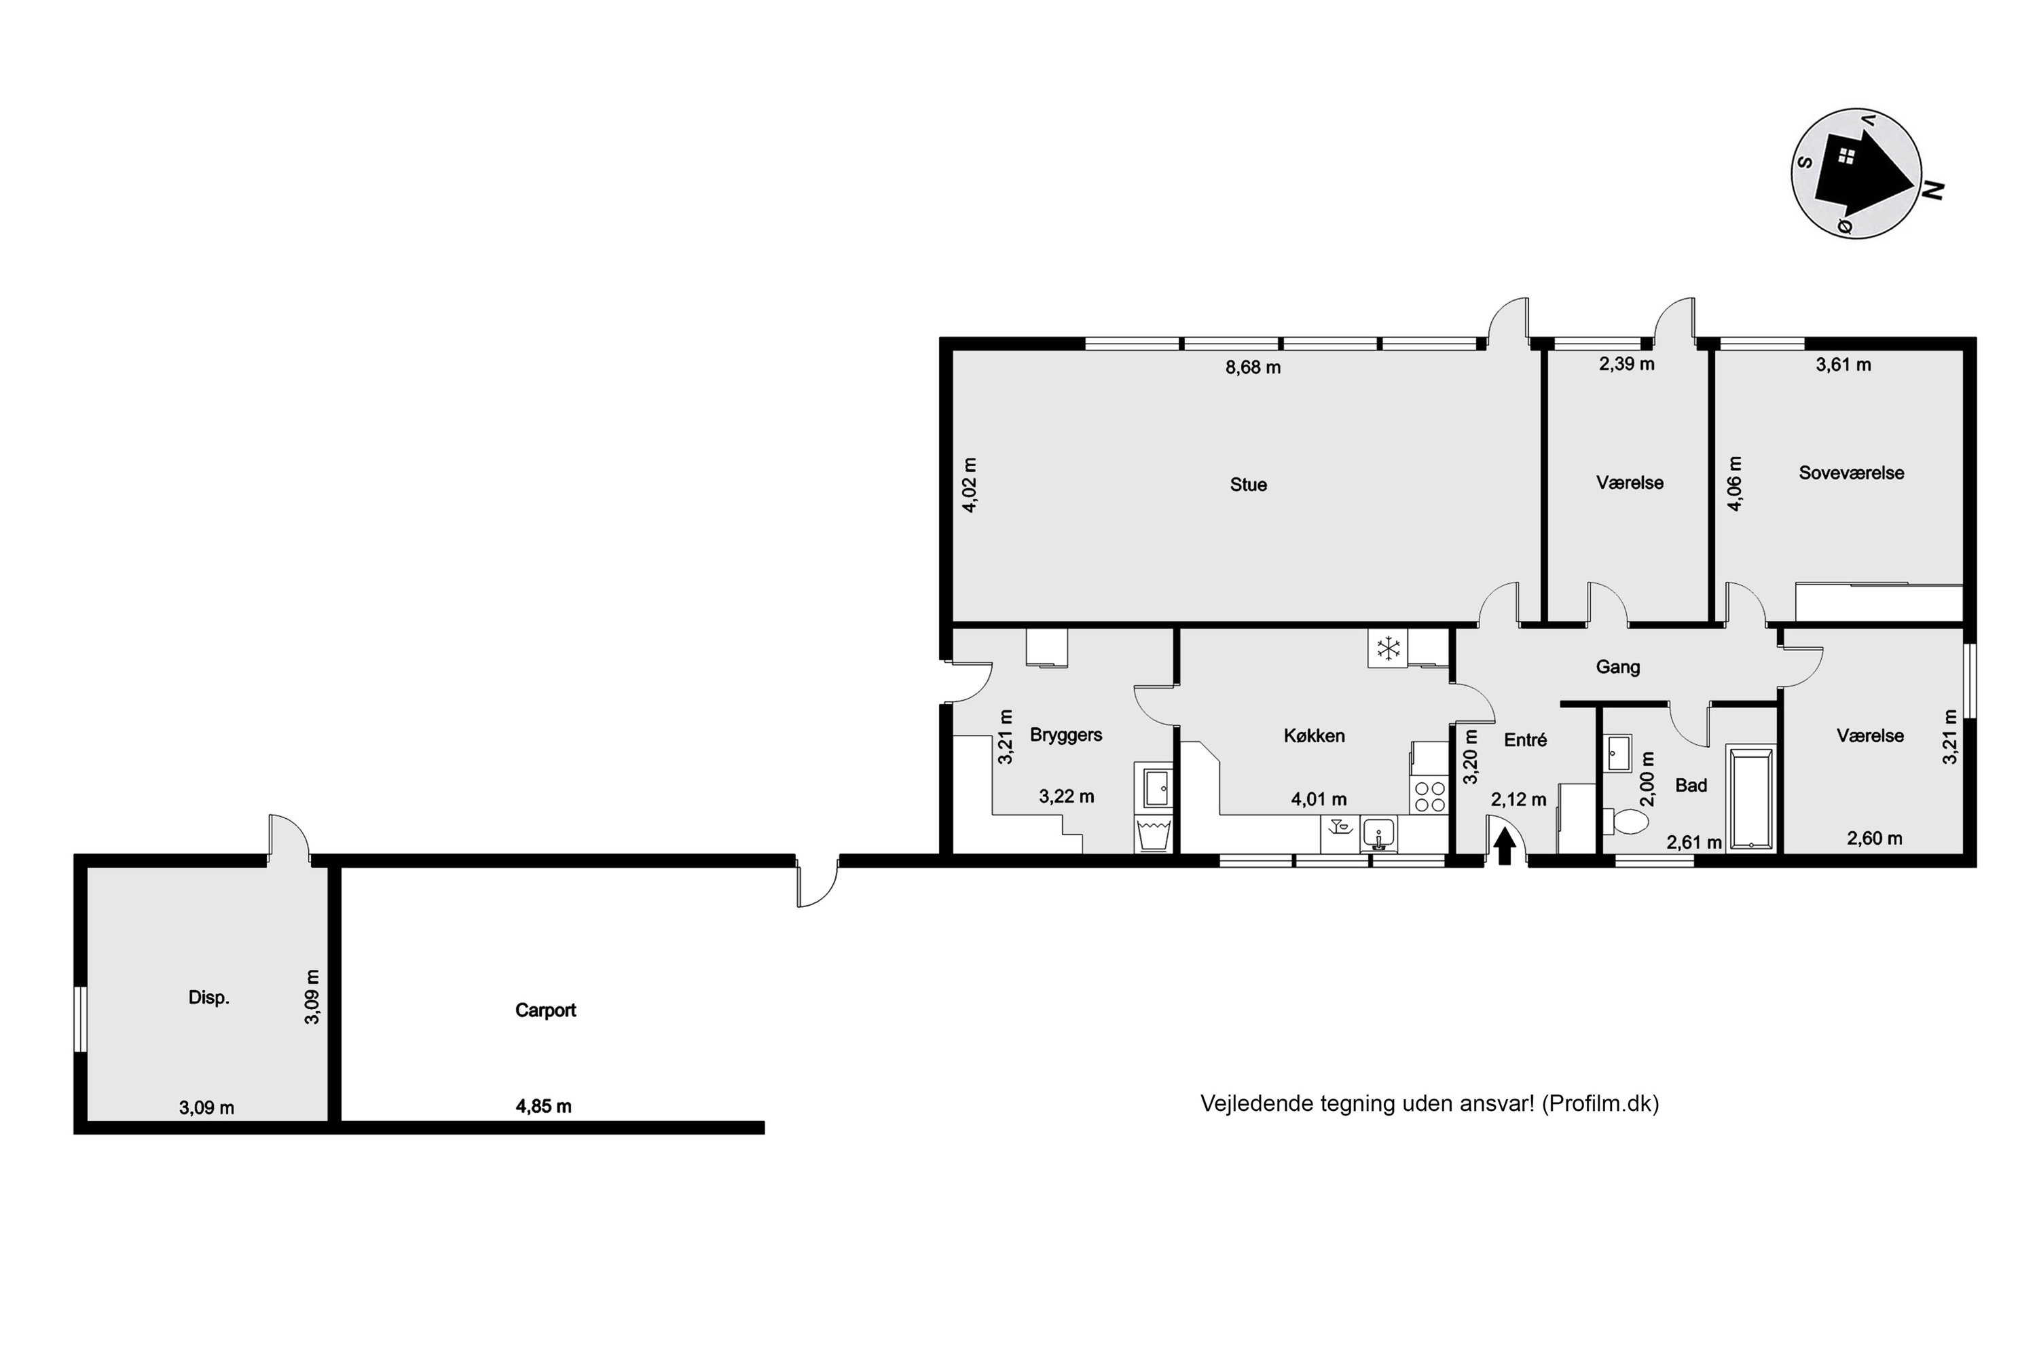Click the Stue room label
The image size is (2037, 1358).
coord(1248,485)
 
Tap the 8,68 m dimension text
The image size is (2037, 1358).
coord(1252,367)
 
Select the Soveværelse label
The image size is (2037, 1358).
coord(1851,473)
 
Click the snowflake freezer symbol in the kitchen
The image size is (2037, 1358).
coord(1389,648)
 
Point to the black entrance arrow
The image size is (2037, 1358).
coord(1505,846)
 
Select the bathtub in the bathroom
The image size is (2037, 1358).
coord(1750,796)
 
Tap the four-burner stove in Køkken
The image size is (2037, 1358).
coord(1430,796)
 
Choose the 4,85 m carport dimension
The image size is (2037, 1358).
coord(543,1106)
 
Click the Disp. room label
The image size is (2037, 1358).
coord(208,997)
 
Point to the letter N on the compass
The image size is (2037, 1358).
coord(1932,191)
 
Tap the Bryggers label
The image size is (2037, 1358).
coord(1065,735)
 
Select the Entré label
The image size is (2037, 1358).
coord(1524,739)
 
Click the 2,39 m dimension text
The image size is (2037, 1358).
coord(1626,365)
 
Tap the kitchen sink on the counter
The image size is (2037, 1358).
coord(1378,833)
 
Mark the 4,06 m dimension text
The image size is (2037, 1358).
coord(1734,483)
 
